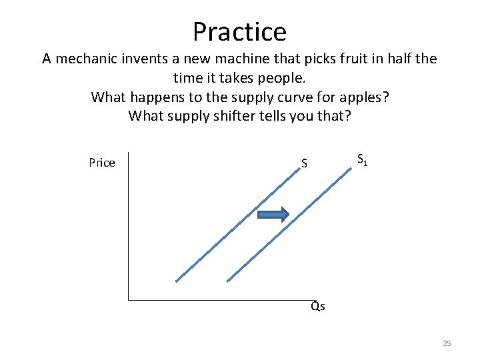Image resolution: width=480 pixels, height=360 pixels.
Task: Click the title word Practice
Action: pyautogui.click(x=239, y=31)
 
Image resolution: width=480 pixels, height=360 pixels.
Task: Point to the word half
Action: pyautogui.click(x=397, y=59)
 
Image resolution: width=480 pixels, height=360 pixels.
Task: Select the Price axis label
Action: pyautogui.click(x=101, y=163)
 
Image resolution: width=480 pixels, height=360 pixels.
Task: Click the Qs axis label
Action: pyautogui.click(x=318, y=307)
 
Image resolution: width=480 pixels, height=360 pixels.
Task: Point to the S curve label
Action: pyautogui.click(x=304, y=163)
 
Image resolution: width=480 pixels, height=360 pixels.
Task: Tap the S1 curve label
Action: pyautogui.click(x=362, y=160)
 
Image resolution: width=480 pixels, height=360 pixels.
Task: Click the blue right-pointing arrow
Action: pyautogui.click(x=273, y=214)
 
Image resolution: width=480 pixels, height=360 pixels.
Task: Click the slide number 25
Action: pyautogui.click(x=447, y=343)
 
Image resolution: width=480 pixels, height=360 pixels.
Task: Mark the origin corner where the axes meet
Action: pyautogui.click(x=128, y=300)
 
